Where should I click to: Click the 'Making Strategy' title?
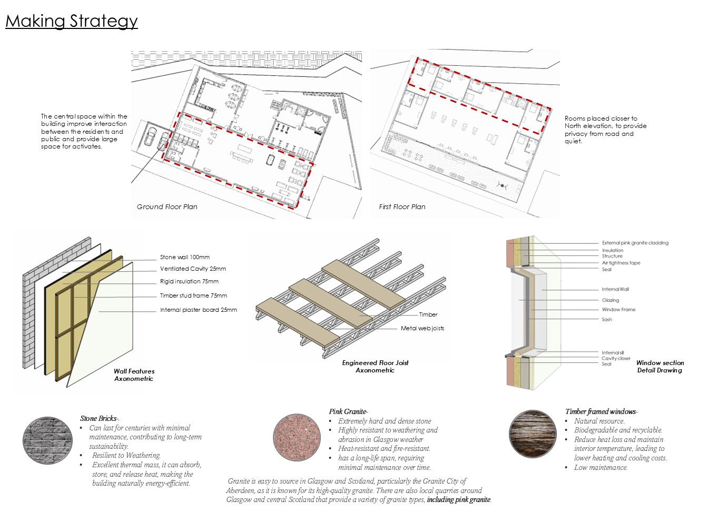coord(72,21)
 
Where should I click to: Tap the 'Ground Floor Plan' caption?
coord(167,206)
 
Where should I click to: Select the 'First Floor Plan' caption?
coord(402,206)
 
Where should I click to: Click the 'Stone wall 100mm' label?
coord(185,257)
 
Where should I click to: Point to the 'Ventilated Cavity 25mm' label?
coord(193,269)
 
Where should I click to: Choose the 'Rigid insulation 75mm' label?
coord(189,281)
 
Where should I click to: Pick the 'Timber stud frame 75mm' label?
coord(193,296)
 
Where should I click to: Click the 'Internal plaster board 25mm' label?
coord(199,310)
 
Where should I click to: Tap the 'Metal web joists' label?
coord(422,328)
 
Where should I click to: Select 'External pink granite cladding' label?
coord(635,243)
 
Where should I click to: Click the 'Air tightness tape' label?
coord(621,263)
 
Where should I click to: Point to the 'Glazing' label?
coord(611,300)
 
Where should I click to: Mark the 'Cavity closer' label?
coord(616,358)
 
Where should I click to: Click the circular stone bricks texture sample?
coord(48,440)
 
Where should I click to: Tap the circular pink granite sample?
coord(297,437)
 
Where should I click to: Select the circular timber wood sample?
coord(533,434)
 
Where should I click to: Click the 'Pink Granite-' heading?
coord(348,411)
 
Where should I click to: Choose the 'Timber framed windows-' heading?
coord(601,411)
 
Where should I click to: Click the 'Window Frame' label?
coord(618,310)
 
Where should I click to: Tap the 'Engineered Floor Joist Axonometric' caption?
coord(375,367)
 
